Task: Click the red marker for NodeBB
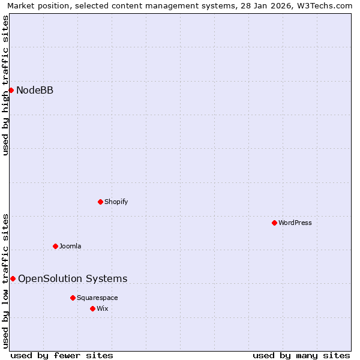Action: [11, 90]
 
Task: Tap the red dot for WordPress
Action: [274, 223]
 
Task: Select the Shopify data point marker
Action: [100, 202]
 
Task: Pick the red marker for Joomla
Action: [55, 246]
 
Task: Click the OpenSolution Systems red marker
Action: [13, 278]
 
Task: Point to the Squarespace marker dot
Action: [73, 298]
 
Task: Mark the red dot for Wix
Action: [92, 308]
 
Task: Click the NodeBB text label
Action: [35, 90]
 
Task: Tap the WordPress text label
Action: [295, 223]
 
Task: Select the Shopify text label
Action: [116, 202]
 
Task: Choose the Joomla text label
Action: [70, 246]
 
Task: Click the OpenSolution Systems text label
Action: [73, 278]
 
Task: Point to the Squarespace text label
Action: [97, 298]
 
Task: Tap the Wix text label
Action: [103, 308]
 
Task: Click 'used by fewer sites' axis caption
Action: [62, 355]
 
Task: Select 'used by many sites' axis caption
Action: [301, 355]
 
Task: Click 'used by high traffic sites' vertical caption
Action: [5, 85]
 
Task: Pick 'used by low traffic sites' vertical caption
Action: [5, 280]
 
